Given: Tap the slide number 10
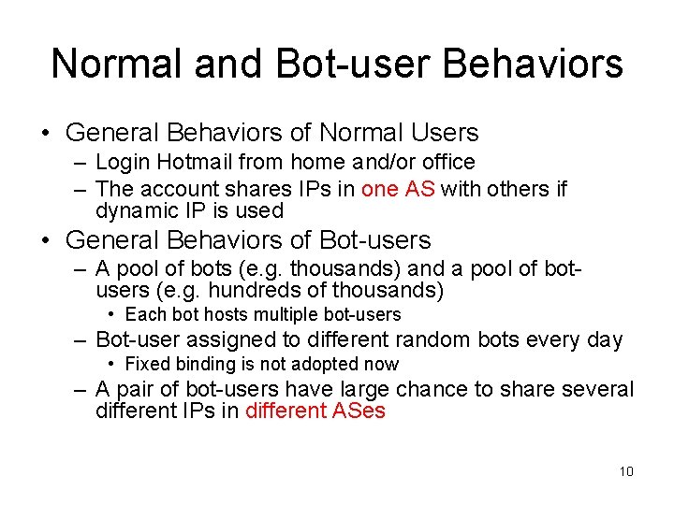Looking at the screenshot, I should (x=626, y=470).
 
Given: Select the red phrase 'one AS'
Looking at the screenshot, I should (x=398, y=188).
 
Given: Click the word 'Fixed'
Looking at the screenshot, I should (x=146, y=364).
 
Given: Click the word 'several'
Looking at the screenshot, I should (x=589, y=388).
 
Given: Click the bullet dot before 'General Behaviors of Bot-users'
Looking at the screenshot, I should (x=47, y=240).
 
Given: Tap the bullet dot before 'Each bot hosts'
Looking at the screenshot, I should (x=111, y=315).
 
